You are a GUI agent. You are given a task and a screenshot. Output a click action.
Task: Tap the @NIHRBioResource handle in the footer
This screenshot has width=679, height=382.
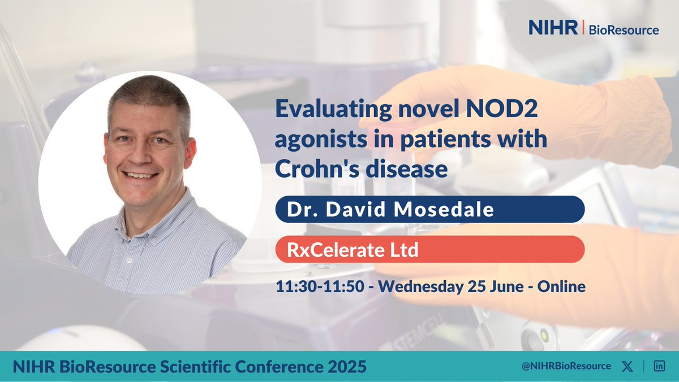pos(568,366)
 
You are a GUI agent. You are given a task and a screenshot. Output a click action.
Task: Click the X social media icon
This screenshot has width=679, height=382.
pos(628,366)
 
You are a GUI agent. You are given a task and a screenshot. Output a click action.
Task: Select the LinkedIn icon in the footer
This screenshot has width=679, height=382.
pos(659,366)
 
